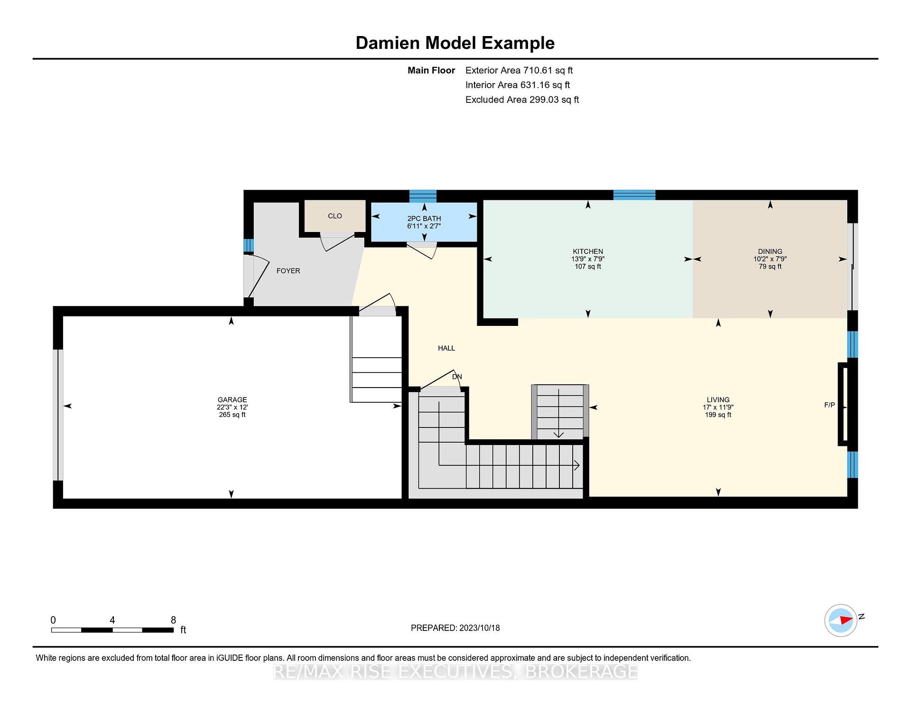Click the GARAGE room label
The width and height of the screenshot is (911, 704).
pyautogui.click(x=232, y=400)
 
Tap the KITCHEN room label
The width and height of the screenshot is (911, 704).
pyautogui.click(x=588, y=251)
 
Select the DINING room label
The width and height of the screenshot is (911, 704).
pyautogui.click(x=770, y=251)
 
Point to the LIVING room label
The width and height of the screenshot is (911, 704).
pyautogui.click(x=718, y=399)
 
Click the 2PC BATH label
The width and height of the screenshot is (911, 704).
pyautogui.click(x=424, y=219)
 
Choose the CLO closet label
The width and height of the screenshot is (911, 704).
pyautogui.click(x=335, y=216)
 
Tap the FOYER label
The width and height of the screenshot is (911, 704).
pyautogui.click(x=288, y=271)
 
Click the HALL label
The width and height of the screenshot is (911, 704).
pyautogui.click(x=446, y=348)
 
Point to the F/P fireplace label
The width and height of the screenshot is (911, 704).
pyautogui.click(x=829, y=405)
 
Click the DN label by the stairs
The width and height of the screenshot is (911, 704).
pyautogui.click(x=457, y=377)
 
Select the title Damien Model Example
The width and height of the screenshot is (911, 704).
pyautogui.click(x=455, y=43)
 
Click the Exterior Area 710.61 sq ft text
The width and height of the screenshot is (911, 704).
pyautogui.click(x=519, y=70)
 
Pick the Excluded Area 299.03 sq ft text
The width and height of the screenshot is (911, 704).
pyautogui.click(x=522, y=100)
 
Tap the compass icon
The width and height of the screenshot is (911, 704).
pyautogui.click(x=841, y=620)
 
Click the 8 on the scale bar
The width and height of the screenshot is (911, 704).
pyautogui.click(x=173, y=620)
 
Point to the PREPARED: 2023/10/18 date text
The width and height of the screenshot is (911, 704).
pyautogui.click(x=455, y=628)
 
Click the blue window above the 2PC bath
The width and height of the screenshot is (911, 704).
pyautogui.click(x=423, y=195)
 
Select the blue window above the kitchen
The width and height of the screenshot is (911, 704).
pyautogui.click(x=634, y=195)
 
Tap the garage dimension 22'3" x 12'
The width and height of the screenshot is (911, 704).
pyautogui.click(x=232, y=407)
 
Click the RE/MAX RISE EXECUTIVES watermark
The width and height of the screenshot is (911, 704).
pyautogui.click(x=455, y=671)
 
